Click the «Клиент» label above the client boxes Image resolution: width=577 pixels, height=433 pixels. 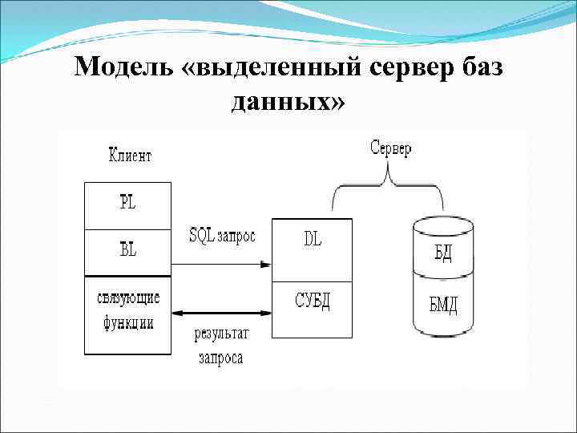tap(130, 156)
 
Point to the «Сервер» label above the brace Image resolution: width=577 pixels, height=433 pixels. tap(391, 149)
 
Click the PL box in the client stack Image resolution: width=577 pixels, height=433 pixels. tap(127, 205)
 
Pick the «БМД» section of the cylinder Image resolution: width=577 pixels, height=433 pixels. tap(442, 304)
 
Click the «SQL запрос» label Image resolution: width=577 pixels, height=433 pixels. tap(222, 237)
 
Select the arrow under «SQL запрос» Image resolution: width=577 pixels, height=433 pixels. tap(221, 263)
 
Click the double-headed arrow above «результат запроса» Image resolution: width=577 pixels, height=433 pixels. tap(221, 314)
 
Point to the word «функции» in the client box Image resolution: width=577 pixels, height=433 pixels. tap(127, 324)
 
